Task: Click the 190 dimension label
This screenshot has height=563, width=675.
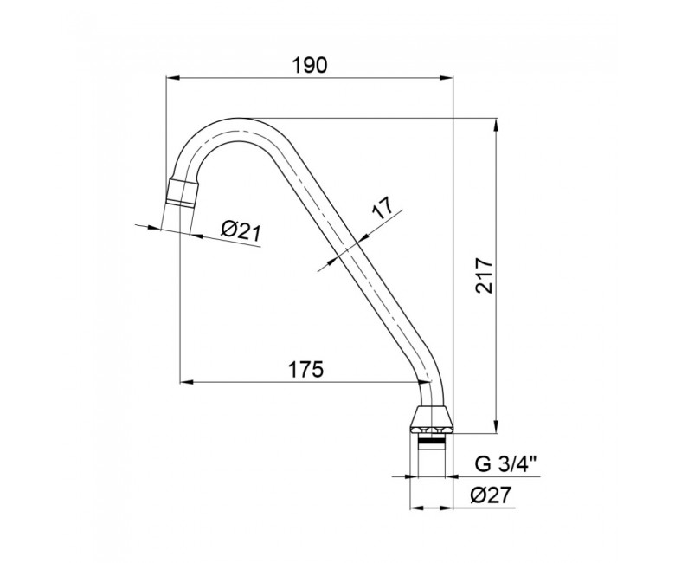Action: [x=310, y=65]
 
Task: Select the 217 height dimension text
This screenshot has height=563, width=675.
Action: [x=485, y=275]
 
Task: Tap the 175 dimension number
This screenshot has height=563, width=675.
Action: [x=305, y=370]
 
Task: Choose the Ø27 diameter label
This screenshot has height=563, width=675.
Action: [x=490, y=495]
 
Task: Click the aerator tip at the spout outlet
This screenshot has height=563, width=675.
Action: [x=182, y=193]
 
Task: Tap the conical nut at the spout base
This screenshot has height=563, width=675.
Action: [x=432, y=420]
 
